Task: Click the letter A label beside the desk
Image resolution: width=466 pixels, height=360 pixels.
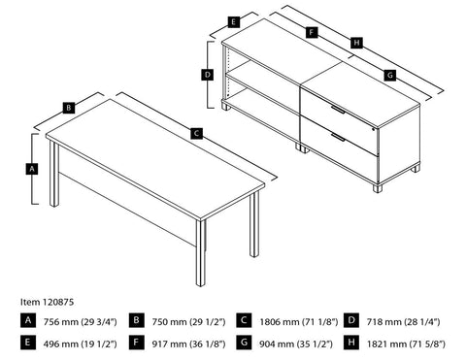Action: pos(33,168)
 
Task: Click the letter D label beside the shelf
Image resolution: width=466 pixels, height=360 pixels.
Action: pos(207,74)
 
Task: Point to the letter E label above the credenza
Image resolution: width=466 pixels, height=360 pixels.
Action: pos(234,20)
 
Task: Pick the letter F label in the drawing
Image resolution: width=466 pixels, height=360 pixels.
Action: pos(310,31)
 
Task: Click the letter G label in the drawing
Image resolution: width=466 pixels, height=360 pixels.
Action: pos(389,75)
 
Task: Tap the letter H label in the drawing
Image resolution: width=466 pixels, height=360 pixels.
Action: pos(357,43)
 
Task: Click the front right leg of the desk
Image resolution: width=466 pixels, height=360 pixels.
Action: pos(201,252)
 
